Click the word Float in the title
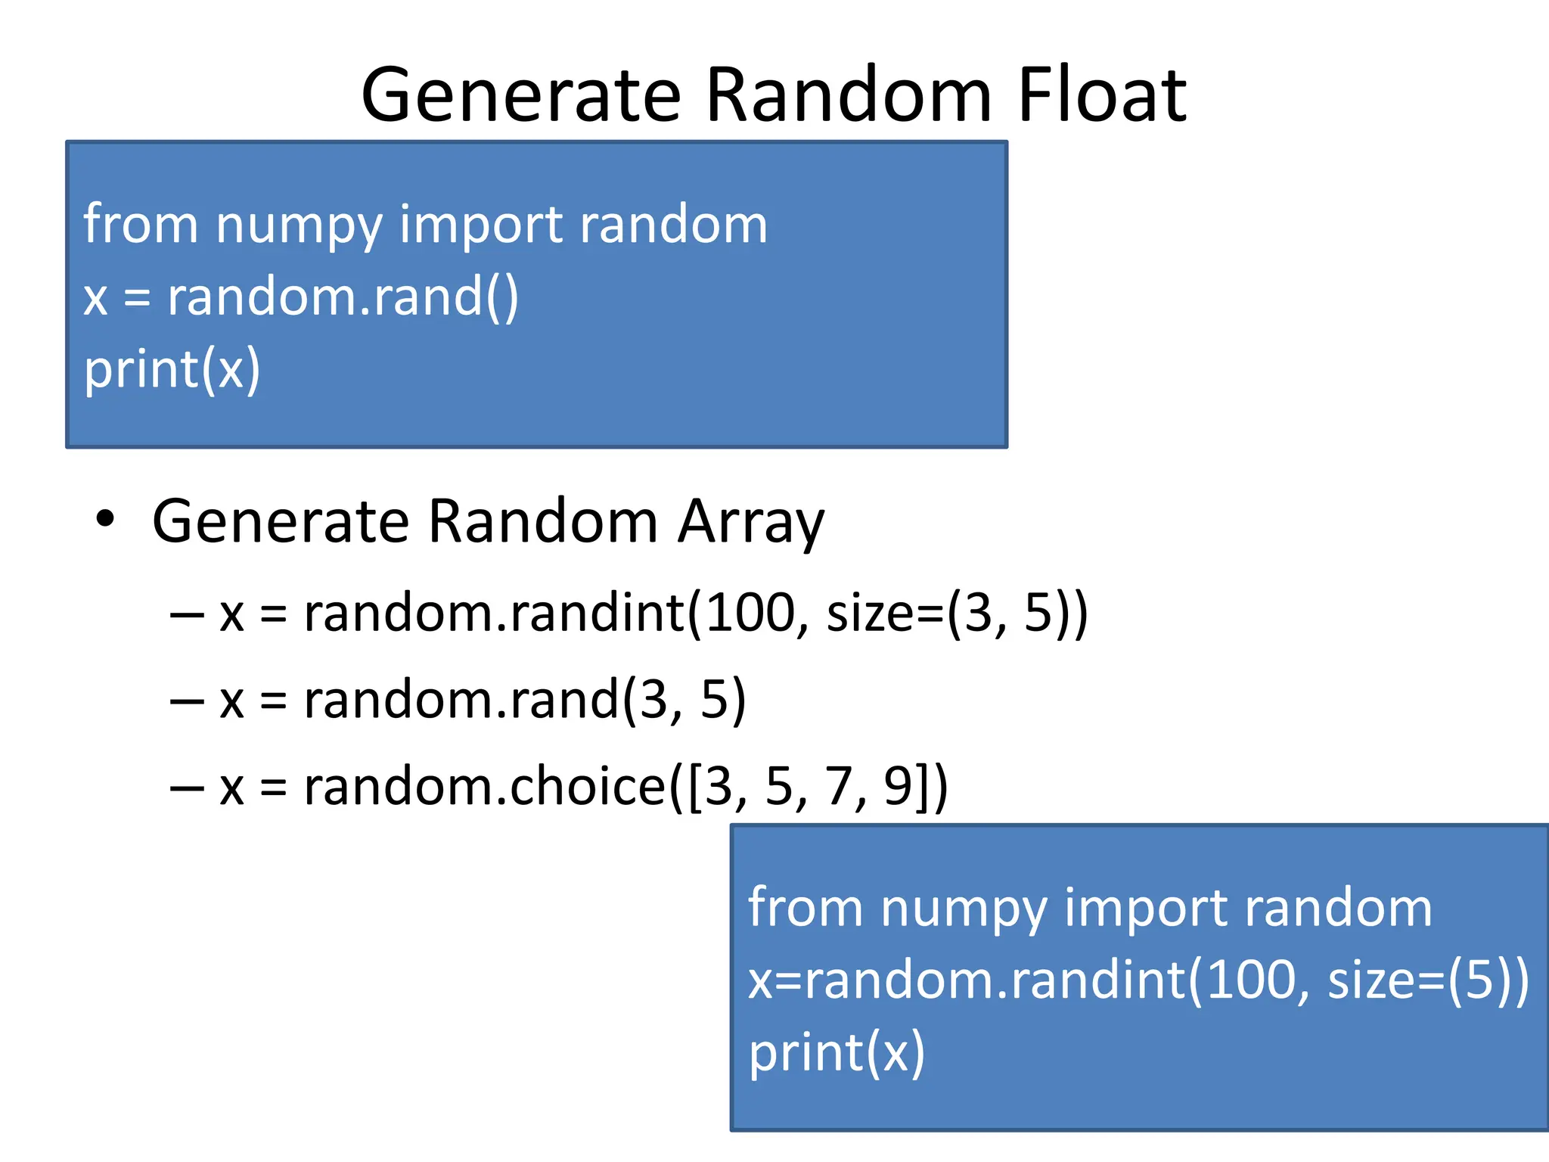(x=1102, y=95)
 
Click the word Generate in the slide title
(x=521, y=95)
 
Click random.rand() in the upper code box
(x=343, y=297)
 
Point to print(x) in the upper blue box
(x=172, y=369)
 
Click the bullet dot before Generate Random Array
(x=105, y=520)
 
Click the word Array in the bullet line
(x=750, y=522)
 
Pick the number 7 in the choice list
(x=838, y=787)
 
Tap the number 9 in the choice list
(x=898, y=787)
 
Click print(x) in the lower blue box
(x=837, y=1052)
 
